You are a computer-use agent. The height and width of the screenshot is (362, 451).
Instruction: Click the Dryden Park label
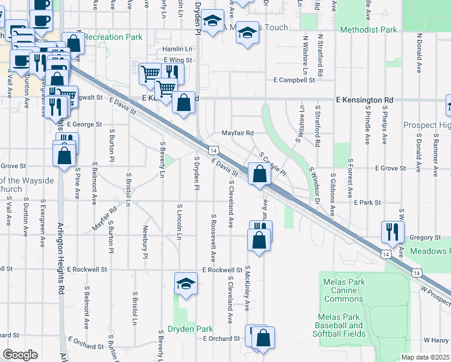(191, 329)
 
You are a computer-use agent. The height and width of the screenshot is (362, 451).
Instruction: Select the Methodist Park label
(368, 30)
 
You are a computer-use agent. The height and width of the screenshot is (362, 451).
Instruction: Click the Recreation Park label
(113, 37)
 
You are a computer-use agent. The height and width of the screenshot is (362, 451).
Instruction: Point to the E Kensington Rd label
(364, 100)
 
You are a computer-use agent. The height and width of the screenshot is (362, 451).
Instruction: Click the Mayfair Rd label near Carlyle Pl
(238, 133)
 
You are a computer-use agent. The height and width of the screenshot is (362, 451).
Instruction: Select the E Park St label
(368, 203)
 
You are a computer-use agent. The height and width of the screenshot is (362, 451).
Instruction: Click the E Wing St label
(177, 60)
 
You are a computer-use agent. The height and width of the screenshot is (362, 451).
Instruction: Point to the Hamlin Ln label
(177, 49)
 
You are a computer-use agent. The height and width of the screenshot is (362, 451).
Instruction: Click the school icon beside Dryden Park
(186, 284)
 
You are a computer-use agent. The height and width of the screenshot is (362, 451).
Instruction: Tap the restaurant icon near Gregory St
(393, 230)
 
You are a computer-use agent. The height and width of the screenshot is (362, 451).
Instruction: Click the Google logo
(20, 355)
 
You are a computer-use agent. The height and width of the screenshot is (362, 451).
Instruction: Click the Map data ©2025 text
(426, 357)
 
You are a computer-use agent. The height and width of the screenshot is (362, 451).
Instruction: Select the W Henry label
(437, 340)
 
